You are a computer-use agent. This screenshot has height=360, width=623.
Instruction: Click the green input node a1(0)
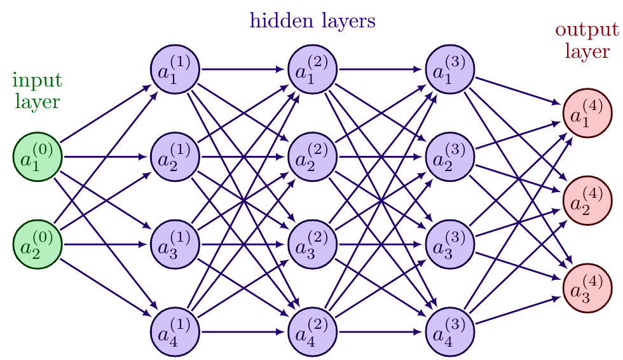pyautogui.click(x=38, y=156)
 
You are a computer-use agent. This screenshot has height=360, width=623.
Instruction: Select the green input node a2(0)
pyautogui.click(x=38, y=244)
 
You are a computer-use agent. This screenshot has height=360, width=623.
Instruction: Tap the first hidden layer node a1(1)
pyautogui.click(x=175, y=69)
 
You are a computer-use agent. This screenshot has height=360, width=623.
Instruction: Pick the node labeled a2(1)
pyautogui.click(x=175, y=156)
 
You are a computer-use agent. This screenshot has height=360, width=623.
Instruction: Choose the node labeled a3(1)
pyautogui.click(x=175, y=244)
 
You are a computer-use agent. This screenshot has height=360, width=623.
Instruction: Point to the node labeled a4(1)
pyautogui.click(x=175, y=332)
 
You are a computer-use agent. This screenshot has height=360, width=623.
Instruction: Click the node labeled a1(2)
pyautogui.click(x=312, y=69)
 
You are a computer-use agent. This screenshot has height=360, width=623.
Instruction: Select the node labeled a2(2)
pyautogui.click(x=312, y=156)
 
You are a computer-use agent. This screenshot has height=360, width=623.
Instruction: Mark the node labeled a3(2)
pyautogui.click(x=312, y=244)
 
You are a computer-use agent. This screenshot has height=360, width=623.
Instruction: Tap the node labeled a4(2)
pyautogui.click(x=312, y=332)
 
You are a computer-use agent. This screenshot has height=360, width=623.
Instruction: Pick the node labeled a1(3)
pyautogui.click(x=449, y=69)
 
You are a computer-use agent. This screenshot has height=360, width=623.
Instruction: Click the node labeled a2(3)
pyautogui.click(x=449, y=156)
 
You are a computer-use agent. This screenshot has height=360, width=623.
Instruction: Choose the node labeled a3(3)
pyautogui.click(x=449, y=244)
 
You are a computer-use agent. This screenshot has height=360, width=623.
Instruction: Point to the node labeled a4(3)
pyautogui.click(x=449, y=332)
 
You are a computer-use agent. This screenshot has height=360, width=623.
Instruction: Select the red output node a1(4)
pyautogui.click(x=587, y=113)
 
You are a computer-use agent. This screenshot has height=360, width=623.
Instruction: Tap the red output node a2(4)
pyautogui.click(x=587, y=200)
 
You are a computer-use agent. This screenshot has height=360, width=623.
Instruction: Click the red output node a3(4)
pyautogui.click(x=587, y=288)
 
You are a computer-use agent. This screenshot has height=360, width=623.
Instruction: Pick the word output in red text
pyautogui.click(x=586, y=30)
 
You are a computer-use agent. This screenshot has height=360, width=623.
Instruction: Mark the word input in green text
pyautogui.click(x=38, y=81)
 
